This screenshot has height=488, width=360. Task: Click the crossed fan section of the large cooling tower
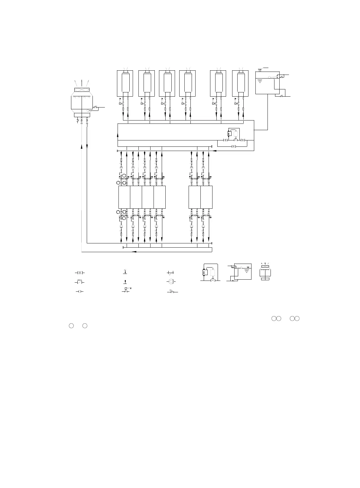point(82,90)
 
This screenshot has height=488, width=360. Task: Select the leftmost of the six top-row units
point(125,83)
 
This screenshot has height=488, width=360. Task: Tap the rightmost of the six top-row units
point(240,83)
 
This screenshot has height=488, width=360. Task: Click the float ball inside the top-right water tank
point(270,77)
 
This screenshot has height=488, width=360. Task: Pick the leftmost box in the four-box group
point(124,197)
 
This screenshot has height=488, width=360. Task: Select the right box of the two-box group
point(206,197)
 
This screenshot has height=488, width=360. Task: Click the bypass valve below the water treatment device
point(234,146)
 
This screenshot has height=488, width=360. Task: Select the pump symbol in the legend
point(171,281)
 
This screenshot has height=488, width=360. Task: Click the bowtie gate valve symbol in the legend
point(79,273)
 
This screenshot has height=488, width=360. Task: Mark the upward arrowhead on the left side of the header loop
point(117,135)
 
